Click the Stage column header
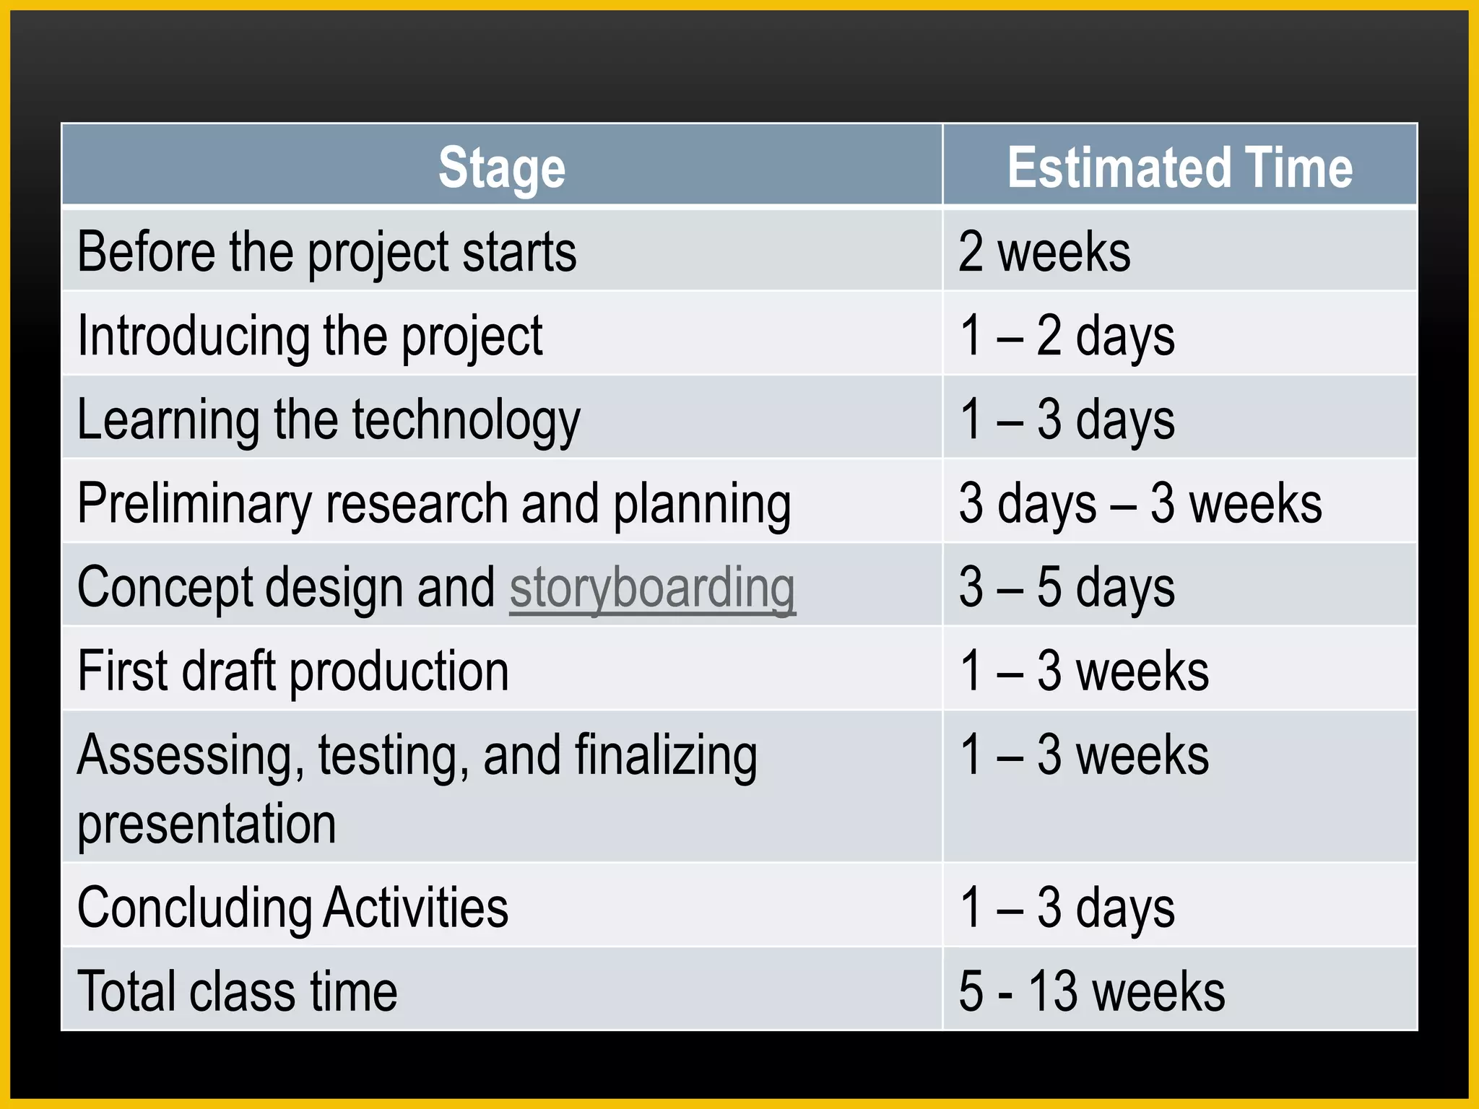click(502, 168)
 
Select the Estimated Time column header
click(1179, 168)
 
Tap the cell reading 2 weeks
click(1044, 252)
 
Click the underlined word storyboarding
click(652, 588)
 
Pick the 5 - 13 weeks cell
click(1091, 991)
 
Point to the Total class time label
click(237, 991)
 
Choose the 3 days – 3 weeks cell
click(1140, 503)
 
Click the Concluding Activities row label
click(292, 908)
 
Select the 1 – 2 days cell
click(1067, 336)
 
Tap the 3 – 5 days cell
click(1067, 588)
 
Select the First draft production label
click(292, 671)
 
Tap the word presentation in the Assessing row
click(207, 824)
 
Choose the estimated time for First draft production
click(1083, 671)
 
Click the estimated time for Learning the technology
click(1067, 420)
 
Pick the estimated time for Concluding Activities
click(1067, 908)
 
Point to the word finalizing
click(665, 755)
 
